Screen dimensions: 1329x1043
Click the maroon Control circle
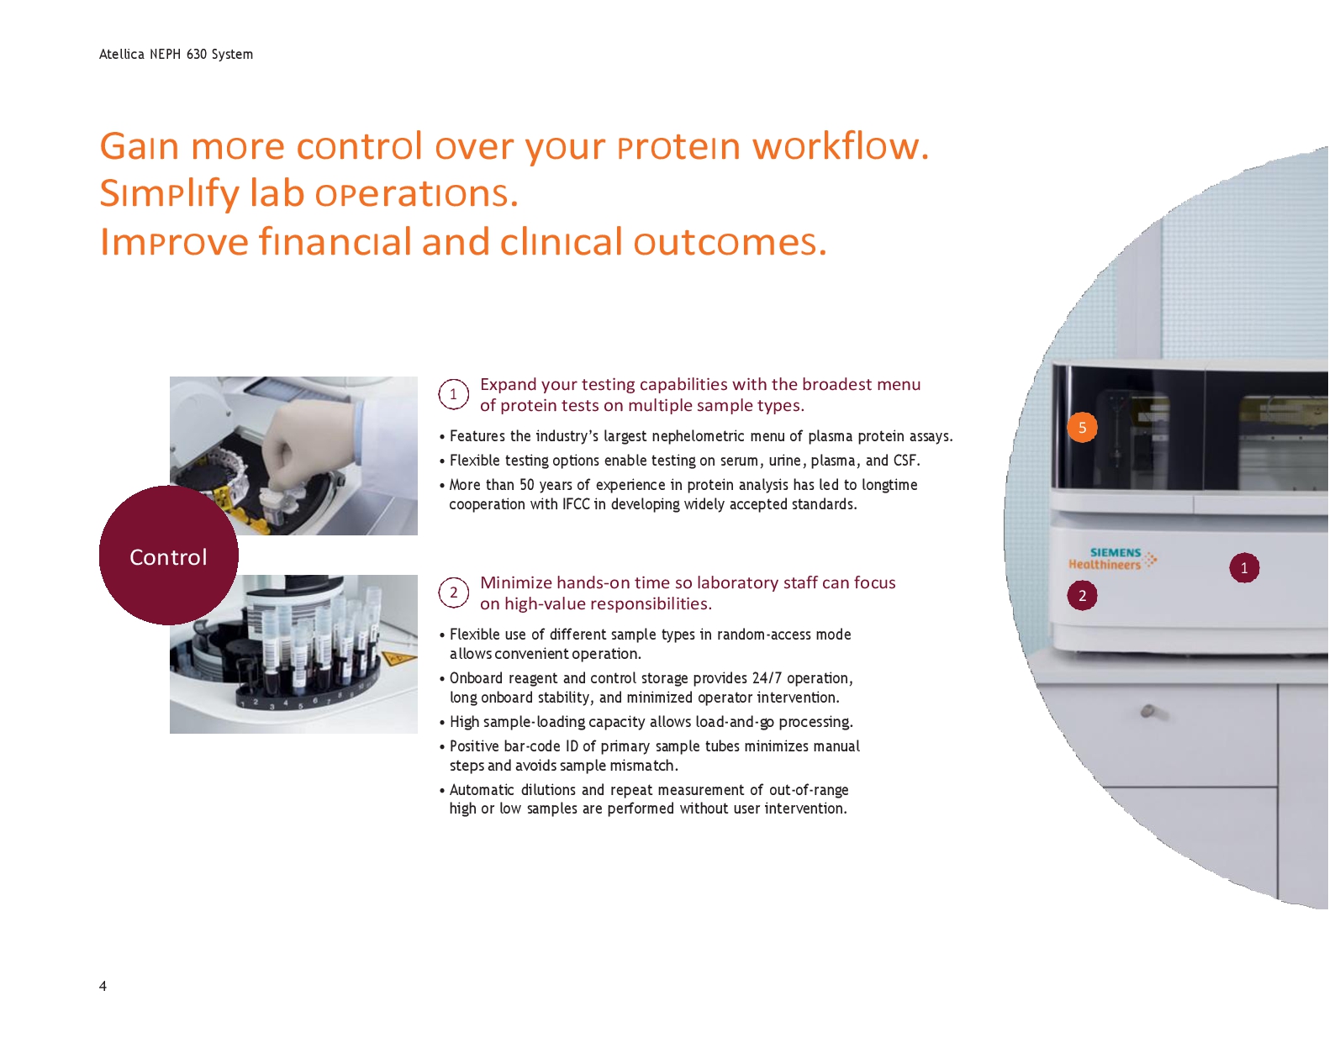pyautogui.click(x=168, y=556)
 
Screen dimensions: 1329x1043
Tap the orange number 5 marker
pyautogui.click(x=1082, y=427)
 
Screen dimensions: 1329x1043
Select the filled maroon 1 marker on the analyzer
pyautogui.click(x=1244, y=568)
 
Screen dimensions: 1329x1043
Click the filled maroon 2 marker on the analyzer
pyautogui.click(x=1082, y=596)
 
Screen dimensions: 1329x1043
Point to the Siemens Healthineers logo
pyautogui.click(x=1112, y=559)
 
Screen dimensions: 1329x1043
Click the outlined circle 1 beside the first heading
pyautogui.click(x=453, y=394)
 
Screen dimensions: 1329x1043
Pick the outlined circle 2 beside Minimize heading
pyautogui.click(x=453, y=593)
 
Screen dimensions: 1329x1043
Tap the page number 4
pyautogui.click(x=103, y=986)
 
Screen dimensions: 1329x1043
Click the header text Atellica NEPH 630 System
pyautogui.click(x=176, y=55)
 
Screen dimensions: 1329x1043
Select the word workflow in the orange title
pyautogui.click(x=840, y=146)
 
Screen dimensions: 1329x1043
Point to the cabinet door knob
pyautogui.click(x=1148, y=711)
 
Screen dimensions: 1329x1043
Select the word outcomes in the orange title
pyautogui.click(x=730, y=242)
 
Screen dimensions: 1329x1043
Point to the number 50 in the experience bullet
pyautogui.click(x=526, y=485)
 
